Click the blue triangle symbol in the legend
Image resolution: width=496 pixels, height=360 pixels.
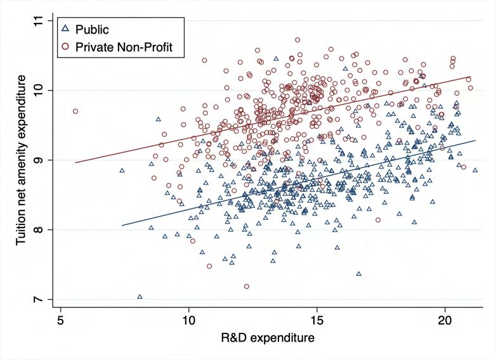(65, 29)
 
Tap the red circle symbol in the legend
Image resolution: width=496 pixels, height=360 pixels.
(65, 46)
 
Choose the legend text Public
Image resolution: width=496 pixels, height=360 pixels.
(93, 29)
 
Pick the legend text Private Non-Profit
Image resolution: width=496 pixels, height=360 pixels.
(124, 46)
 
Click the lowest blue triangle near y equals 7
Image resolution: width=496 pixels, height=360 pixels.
(140, 297)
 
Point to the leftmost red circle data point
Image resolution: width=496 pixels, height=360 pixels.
(75, 111)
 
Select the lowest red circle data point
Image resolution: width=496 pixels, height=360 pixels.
(246, 286)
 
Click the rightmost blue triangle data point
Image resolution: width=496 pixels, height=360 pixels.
(475, 170)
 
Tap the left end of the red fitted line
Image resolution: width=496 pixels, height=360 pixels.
(75, 163)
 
